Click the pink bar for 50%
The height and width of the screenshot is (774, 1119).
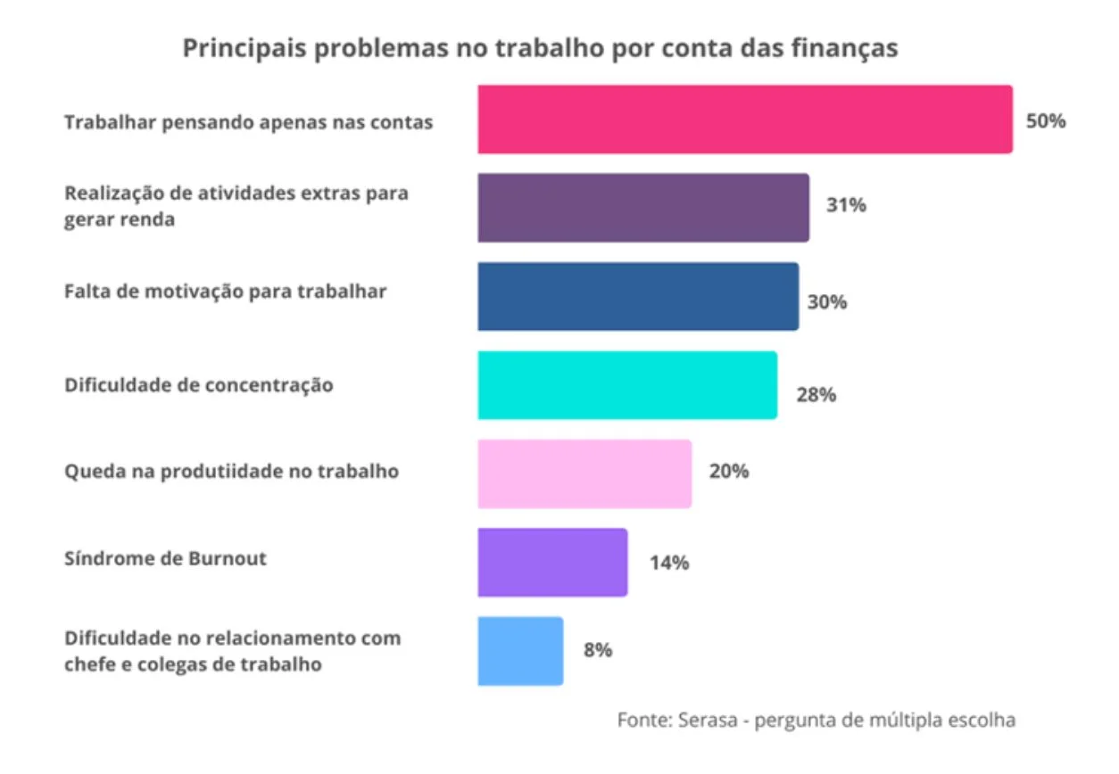click(744, 119)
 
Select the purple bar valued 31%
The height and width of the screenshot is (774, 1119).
click(642, 208)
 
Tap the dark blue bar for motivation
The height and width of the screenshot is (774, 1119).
click(637, 296)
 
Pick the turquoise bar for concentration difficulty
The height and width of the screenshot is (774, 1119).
click(626, 385)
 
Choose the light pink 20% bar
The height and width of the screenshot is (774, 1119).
click(584, 473)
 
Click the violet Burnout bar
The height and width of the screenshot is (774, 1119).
click(551, 562)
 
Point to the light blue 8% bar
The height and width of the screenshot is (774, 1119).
click(519, 651)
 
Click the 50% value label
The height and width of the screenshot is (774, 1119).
click(1045, 121)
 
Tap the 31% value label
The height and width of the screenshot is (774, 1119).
click(845, 205)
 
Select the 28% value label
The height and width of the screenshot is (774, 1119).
click(816, 394)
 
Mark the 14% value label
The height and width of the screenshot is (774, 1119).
click(668, 563)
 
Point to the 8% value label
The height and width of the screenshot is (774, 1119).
click(597, 650)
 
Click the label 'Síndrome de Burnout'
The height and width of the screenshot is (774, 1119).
click(165, 559)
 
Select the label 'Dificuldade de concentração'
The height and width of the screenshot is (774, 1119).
click(198, 385)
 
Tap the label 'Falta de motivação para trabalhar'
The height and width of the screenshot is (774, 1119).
click(225, 292)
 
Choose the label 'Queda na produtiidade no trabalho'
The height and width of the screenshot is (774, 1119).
click(231, 472)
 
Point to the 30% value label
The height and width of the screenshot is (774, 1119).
click(826, 301)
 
